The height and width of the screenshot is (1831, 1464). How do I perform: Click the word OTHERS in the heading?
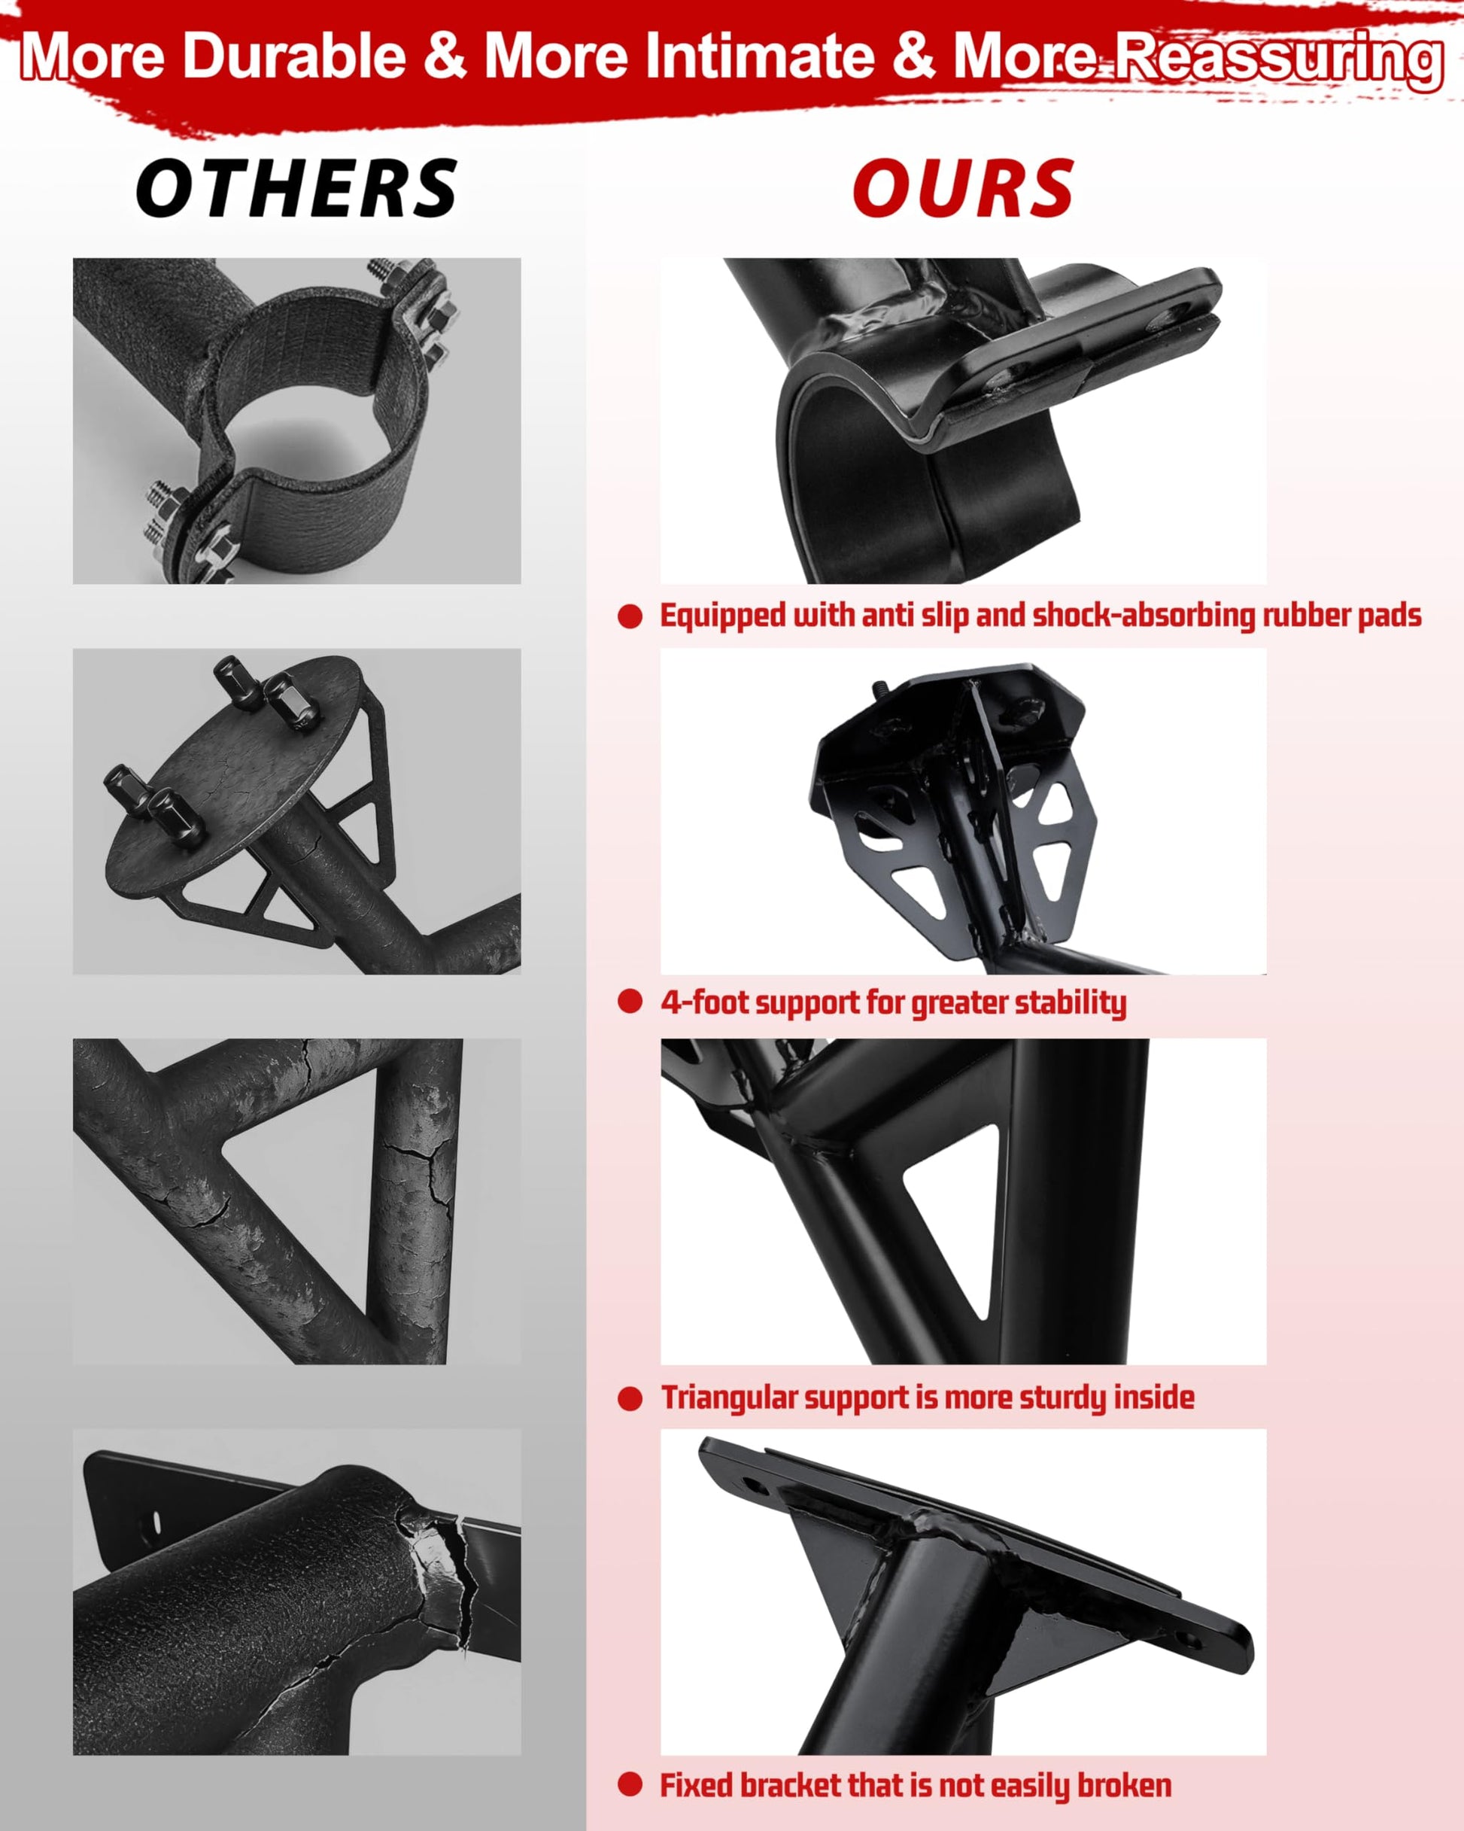tap(296, 189)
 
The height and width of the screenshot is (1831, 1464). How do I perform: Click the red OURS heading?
tap(963, 189)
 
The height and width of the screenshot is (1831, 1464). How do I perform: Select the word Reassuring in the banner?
tap(1279, 59)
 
